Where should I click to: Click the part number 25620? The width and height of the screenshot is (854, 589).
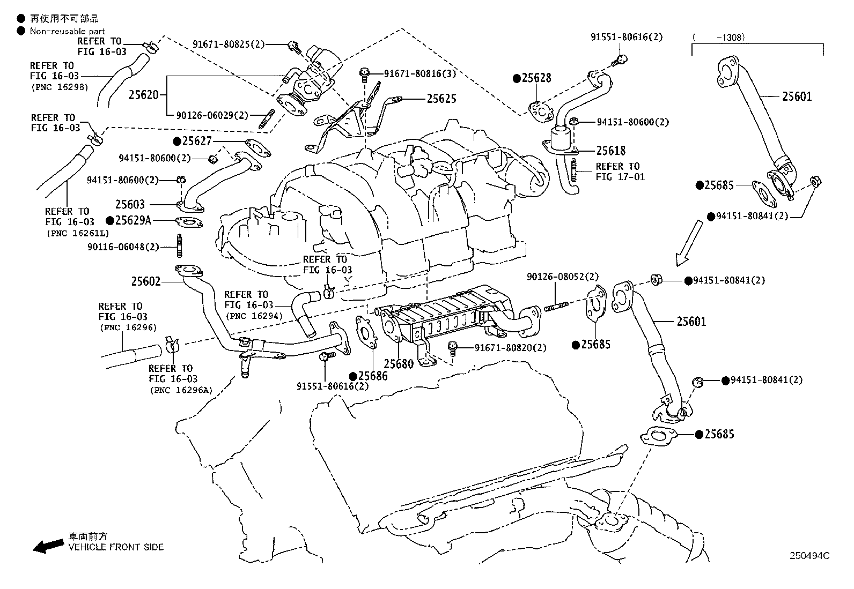[x=143, y=95]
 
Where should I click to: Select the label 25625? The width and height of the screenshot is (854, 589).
[x=441, y=99]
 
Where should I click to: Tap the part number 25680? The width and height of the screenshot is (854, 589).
[x=399, y=364]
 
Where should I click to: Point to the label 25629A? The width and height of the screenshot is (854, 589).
[x=133, y=220]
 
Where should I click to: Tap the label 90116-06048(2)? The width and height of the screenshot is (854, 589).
[x=123, y=247]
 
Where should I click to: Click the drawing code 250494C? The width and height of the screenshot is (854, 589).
[x=809, y=556]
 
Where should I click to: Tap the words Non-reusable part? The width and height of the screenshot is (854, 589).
[x=67, y=32]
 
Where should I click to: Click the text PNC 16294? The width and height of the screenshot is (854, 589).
[x=254, y=317]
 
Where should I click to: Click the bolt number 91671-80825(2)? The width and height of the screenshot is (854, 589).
[x=229, y=44]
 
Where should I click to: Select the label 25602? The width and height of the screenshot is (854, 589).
[x=146, y=281]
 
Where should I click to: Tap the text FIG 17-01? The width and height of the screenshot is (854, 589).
[x=620, y=177]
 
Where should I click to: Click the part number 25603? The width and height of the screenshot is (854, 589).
[x=130, y=204]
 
